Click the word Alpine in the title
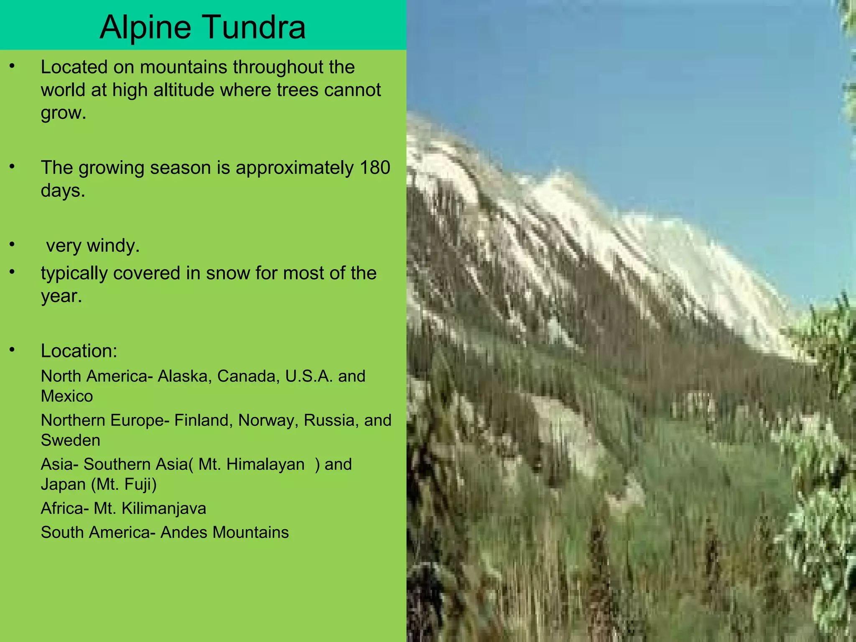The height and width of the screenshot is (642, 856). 145,28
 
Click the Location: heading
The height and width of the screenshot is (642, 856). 79,351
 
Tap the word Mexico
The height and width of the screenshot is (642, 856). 67,396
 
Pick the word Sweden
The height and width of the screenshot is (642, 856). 70,441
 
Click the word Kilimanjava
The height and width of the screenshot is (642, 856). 164,509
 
